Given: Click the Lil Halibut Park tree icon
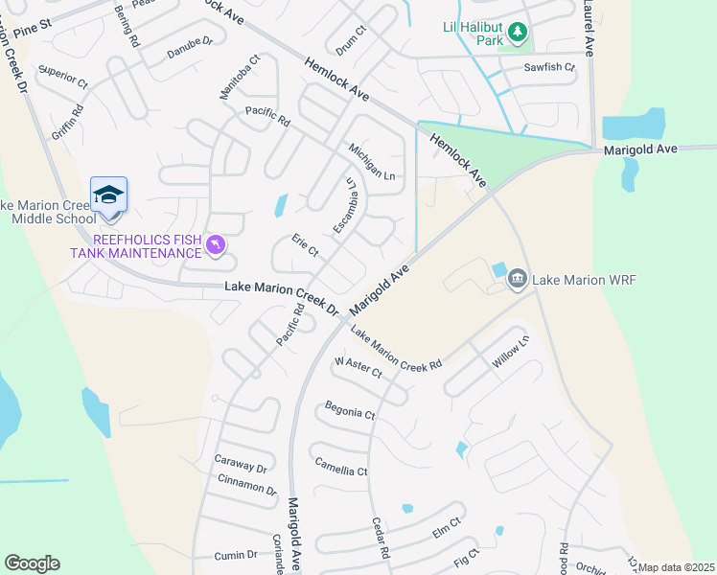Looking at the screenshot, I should click(x=518, y=34).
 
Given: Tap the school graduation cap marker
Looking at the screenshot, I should click(x=108, y=195).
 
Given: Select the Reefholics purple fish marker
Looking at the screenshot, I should click(x=218, y=246).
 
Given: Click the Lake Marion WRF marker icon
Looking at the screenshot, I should click(x=518, y=279).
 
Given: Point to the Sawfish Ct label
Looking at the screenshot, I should click(x=549, y=68).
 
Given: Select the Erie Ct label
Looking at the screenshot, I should click(x=304, y=246).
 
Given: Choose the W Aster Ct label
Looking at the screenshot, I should click(x=358, y=366).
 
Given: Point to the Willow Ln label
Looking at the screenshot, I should click(x=510, y=353).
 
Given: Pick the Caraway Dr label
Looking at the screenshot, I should click(x=241, y=464).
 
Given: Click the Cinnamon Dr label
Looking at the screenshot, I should click(x=247, y=485).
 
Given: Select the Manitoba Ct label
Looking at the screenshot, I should click(x=240, y=78).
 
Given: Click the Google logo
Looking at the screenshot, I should click(x=32, y=563).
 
